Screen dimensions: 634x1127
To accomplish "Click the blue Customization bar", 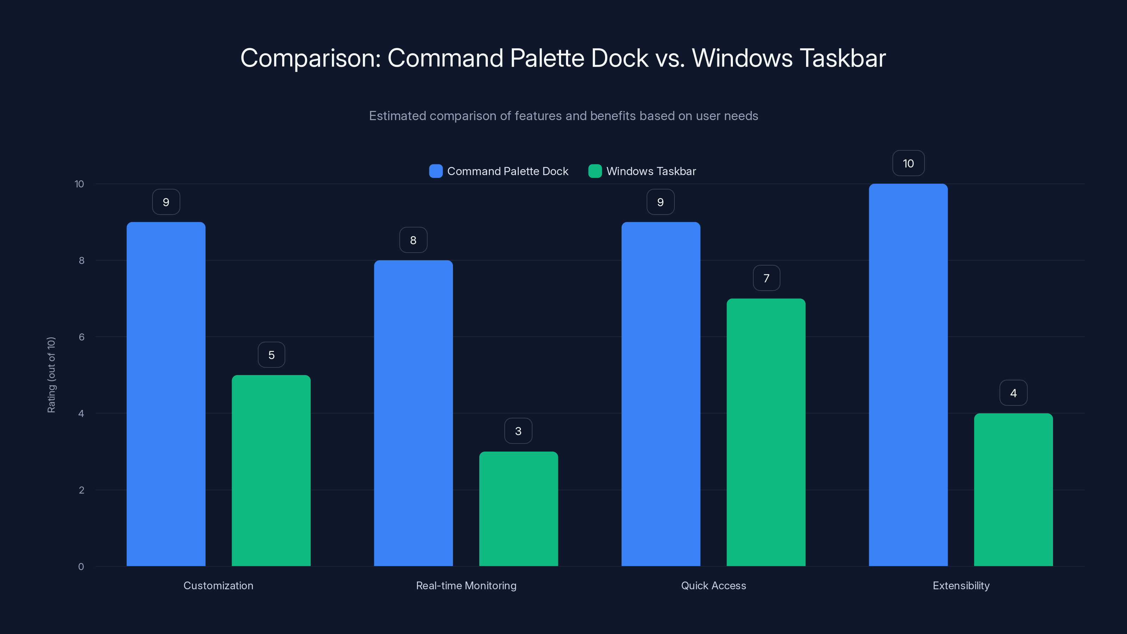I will pyautogui.click(x=166, y=394).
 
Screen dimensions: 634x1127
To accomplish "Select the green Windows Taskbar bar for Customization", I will pyautogui.click(x=271, y=470).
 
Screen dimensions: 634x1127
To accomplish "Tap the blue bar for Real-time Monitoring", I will pyautogui.click(x=413, y=413).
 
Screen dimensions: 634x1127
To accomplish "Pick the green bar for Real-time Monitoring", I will pyautogui.click(x=518, y=508).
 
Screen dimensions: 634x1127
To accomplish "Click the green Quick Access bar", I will pyautogui.click(x=766, y=432).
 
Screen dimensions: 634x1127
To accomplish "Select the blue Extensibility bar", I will pyautogui.click(x=908, y=375).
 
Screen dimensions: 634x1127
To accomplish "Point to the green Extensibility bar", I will pyautogui.click(x=1013, y=490).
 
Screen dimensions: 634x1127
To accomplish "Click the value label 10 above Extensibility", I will pyautogui.click(x=908, y=163).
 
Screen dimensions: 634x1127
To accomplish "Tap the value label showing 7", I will pyautogui.click(x=766, y=278).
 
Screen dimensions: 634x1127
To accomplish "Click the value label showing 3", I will pyautogui.click(x=518, y=431).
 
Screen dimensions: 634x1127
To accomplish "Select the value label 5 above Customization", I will pyautogui.click(x=271, y=354).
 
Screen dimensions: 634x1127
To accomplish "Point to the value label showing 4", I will pyautogui.click(x=1013, y=393).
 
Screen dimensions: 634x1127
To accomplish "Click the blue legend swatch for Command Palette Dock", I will pyautogui.click(x=436, y=171).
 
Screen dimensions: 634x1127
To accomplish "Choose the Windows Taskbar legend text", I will pyautogui.click(x=650, y=171).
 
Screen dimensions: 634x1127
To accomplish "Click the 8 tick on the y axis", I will pyautogui.click(x=81, y=260).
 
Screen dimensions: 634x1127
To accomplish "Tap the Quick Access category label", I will pyautogui.click(x=713, y=585).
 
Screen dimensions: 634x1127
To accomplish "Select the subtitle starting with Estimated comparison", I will pyautogui.click(x=563, y=116).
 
